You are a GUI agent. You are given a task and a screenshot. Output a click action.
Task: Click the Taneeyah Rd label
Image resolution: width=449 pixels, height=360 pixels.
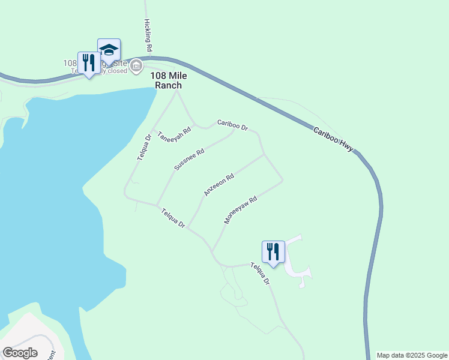pos(174,134)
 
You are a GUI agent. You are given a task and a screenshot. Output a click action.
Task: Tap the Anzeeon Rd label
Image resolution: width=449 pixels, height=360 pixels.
pos(218,185)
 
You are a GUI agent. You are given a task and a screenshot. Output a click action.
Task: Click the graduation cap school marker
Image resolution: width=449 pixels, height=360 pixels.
pos(109,50)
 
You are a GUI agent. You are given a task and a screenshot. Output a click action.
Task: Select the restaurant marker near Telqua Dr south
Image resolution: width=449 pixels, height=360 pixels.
pos(273,252)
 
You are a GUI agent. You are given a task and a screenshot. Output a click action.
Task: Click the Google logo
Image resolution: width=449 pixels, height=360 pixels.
pos(20,352)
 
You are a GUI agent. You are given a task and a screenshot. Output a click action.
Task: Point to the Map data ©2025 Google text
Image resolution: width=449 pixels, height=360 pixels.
pos(412,355)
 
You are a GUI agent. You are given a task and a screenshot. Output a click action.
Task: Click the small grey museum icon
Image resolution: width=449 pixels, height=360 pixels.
pos(137,65)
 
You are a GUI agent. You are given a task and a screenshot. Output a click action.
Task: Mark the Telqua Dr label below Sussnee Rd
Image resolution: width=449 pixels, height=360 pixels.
pos(173,218)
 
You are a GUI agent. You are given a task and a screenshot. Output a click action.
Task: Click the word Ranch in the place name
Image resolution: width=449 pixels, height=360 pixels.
pos(168,85)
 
